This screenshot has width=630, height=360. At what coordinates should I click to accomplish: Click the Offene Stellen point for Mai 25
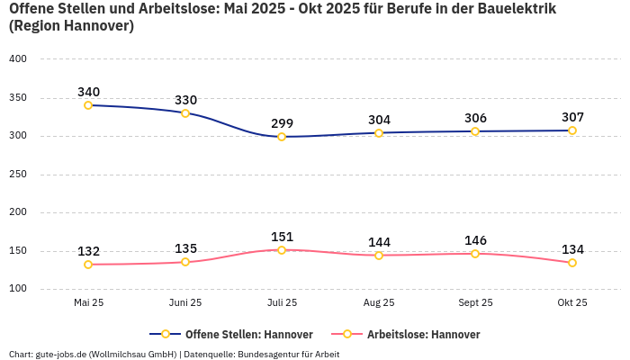pos(88,105)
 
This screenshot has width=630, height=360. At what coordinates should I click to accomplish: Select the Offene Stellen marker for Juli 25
pos(282,137)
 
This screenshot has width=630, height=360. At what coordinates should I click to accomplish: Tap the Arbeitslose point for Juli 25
pos(282,250)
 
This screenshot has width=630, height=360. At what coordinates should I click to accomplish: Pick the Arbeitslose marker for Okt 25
pos(572,263)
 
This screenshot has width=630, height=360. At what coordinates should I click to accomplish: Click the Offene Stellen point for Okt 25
pos(572,130)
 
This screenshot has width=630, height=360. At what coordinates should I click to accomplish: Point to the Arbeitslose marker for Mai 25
pos(88,265)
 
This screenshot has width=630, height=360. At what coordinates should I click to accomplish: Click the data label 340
pos(88,92)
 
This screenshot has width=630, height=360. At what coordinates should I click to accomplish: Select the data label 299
pos(282,123)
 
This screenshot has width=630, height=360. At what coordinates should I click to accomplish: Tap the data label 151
pos(282,237)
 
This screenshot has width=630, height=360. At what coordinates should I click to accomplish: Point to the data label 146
pos(475,240)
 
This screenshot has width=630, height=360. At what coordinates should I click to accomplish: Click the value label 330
pos(185,100)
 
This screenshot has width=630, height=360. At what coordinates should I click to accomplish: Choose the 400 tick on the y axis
pos(18,58)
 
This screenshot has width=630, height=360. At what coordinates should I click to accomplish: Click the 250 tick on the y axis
pos(18,175)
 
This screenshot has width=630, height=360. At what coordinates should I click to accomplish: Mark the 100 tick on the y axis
pos(18,289)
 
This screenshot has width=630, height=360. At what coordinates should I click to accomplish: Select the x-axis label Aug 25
pos(379,302)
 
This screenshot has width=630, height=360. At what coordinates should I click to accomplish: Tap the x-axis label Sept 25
pos(475,302)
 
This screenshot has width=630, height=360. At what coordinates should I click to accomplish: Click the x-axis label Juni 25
pos(185,302)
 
